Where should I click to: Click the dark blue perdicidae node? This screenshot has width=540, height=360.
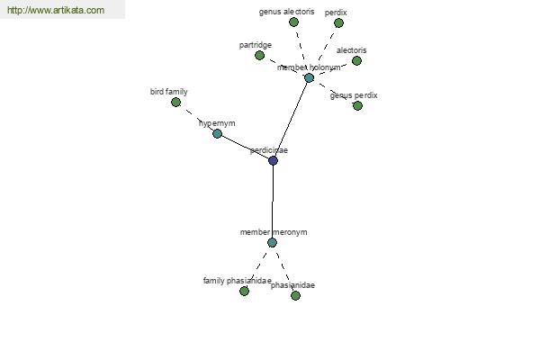273,160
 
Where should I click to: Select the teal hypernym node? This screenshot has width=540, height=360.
217,134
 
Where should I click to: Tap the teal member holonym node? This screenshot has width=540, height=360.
310,78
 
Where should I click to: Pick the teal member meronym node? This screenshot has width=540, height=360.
272,243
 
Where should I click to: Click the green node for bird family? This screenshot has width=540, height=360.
176,103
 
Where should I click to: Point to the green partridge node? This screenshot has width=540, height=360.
260,56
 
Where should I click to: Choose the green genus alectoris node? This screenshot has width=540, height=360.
293,22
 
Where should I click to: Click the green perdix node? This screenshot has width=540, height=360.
339,23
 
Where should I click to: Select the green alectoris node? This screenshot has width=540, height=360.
356,61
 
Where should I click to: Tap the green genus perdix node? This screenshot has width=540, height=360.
358,106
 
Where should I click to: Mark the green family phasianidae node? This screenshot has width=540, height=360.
244,292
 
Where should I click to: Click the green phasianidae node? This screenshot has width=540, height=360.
295,295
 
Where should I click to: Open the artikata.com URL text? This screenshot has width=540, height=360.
56,10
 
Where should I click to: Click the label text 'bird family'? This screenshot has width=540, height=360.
169,92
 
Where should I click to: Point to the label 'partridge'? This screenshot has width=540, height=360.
256,45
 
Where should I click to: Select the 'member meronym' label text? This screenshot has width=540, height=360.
274,232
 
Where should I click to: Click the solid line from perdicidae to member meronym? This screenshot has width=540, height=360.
273,202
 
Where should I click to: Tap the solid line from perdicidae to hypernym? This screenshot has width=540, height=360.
245,147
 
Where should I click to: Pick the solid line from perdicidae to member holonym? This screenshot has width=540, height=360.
292,119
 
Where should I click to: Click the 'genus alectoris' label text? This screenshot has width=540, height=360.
286,12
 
